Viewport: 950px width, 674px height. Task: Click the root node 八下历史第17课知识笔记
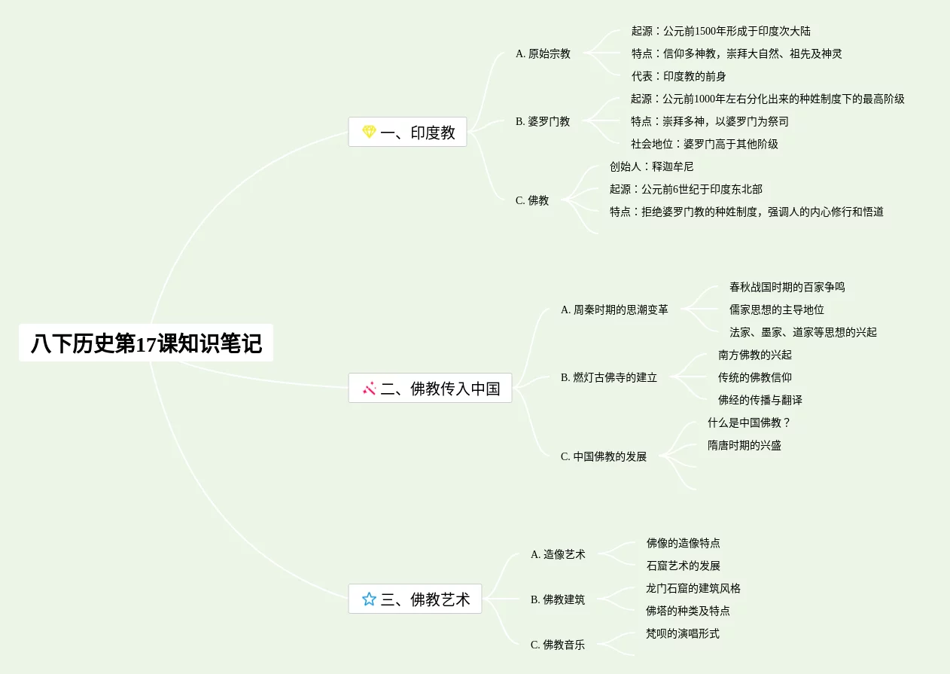[146, 343]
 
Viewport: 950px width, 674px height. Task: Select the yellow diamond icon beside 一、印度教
[369, 132]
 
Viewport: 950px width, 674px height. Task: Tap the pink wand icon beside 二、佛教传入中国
[369, 389]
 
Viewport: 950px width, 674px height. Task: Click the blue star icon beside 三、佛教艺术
[369, 599]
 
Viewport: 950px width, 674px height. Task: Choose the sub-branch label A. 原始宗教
[543, 53]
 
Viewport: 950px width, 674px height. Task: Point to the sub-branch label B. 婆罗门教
[543, 121]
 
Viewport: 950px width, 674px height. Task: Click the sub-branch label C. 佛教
[532, 200]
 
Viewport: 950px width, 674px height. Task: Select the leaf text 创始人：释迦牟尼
[651, 166]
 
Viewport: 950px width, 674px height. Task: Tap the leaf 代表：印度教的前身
[678, 76]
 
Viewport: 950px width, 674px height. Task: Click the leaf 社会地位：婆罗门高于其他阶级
[704, 144]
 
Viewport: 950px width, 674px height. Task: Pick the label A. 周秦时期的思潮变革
[614, 310]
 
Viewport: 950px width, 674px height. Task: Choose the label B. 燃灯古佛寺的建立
[609, 377]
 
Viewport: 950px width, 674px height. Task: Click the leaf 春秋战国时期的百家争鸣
[787, 287]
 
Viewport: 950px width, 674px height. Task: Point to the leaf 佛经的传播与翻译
[760, 400]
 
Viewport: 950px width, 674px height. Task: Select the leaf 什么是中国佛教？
[749, 422]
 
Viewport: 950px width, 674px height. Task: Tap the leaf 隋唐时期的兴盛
[744, 445]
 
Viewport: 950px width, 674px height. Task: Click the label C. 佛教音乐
[558, 645]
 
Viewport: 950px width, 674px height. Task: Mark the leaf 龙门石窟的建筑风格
[693, 588]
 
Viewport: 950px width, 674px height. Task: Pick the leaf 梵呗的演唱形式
[682, 633]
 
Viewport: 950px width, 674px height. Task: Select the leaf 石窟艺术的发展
[683, 566]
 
